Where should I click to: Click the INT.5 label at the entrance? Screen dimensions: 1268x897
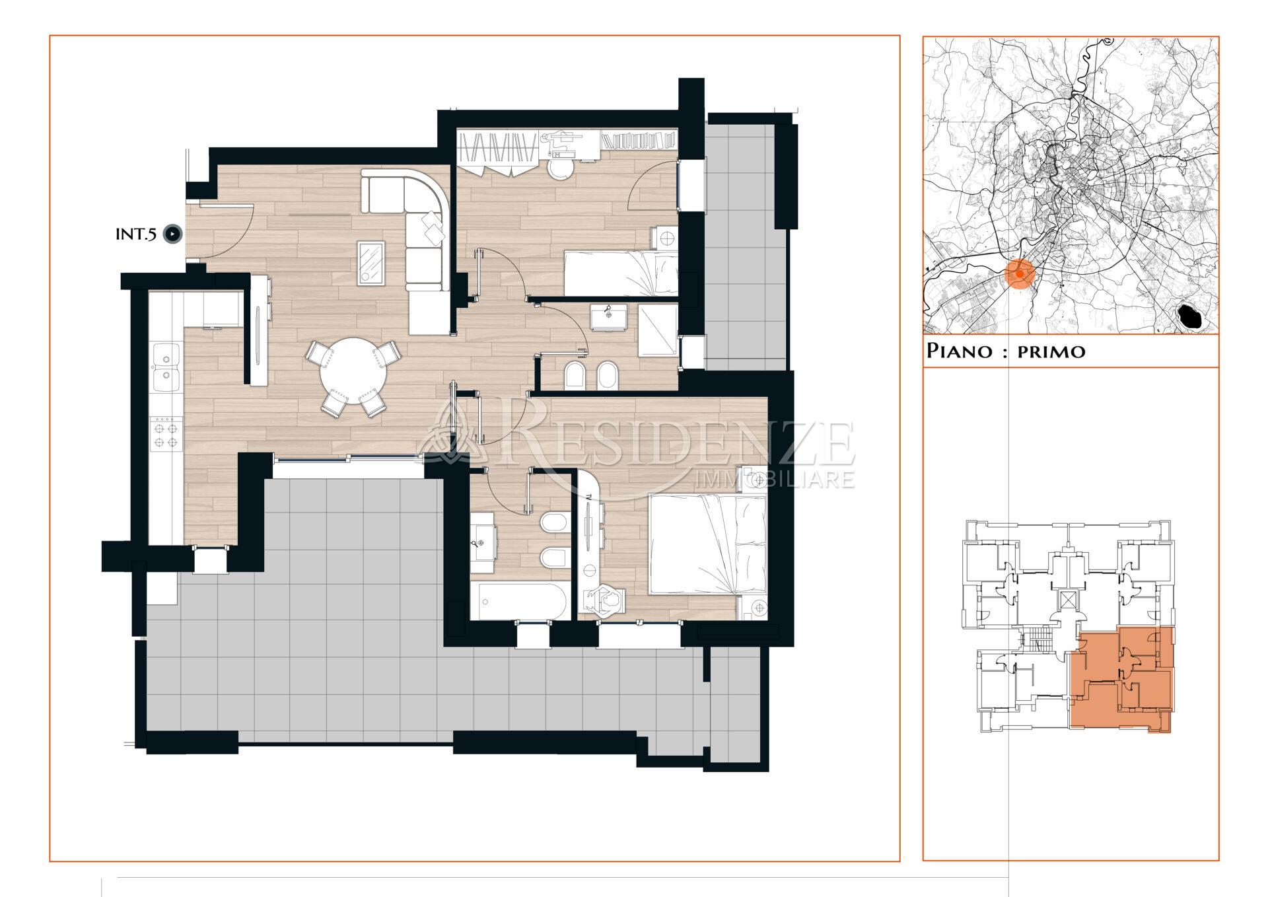[136, 234]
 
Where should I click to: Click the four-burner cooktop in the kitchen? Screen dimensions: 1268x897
[166, 433]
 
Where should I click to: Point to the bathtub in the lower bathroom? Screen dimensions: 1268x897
[519, 601]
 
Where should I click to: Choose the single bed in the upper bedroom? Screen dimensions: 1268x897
[620, 273]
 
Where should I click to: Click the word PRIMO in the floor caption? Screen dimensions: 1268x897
[1051, 351]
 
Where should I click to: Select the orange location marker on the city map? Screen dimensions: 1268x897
[1020, 273]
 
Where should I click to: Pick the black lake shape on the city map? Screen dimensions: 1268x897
[1191, 316]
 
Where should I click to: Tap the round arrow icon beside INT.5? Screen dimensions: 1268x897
[173, 234]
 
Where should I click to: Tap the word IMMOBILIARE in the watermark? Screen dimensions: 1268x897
[775, 478]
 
